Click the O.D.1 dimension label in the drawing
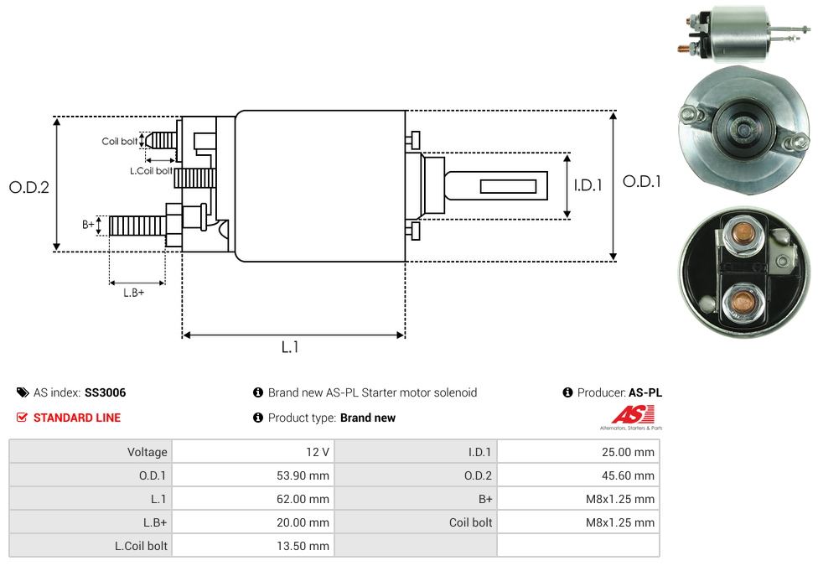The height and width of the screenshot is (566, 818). (x=641, y=181)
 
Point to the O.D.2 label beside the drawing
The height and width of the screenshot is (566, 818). (x=29, y=188)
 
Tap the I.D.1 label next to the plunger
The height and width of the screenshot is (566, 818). (x=588, y=185)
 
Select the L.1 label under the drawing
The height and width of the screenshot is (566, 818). (x=290, y=346)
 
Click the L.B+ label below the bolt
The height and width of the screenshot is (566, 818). (x=134, y=293)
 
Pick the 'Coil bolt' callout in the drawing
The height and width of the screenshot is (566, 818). (x=120, y=142)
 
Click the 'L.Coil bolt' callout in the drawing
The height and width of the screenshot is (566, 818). (x=151, y=171)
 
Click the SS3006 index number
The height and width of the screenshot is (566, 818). (x=105, y=392)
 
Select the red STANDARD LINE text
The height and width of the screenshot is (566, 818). (x=77, y=418)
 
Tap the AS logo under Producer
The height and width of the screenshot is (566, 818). (x=632, y=417)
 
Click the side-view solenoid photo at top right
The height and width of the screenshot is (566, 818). (x=738, y=33)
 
